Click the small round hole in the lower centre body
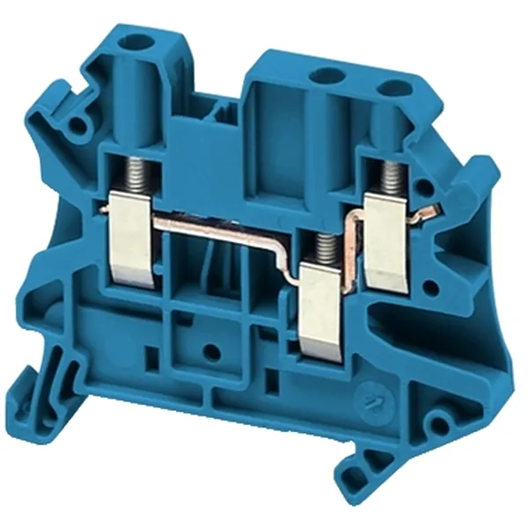click(211, 353)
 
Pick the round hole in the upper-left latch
click(81, 127)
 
